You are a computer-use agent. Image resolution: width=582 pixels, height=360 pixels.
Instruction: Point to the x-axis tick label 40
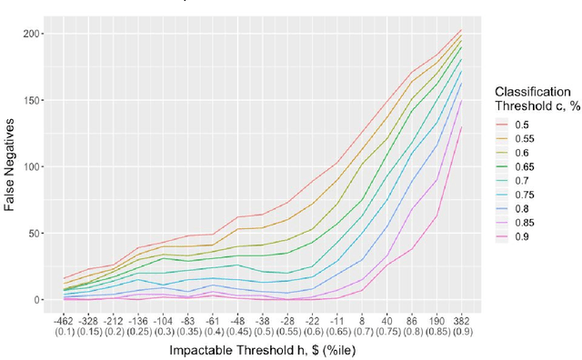click(x=387, y=320)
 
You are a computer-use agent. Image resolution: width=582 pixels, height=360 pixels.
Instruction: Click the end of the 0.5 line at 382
click(x=461, y=30)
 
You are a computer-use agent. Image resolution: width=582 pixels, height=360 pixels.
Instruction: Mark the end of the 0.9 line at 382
click(x=461, y=127)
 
